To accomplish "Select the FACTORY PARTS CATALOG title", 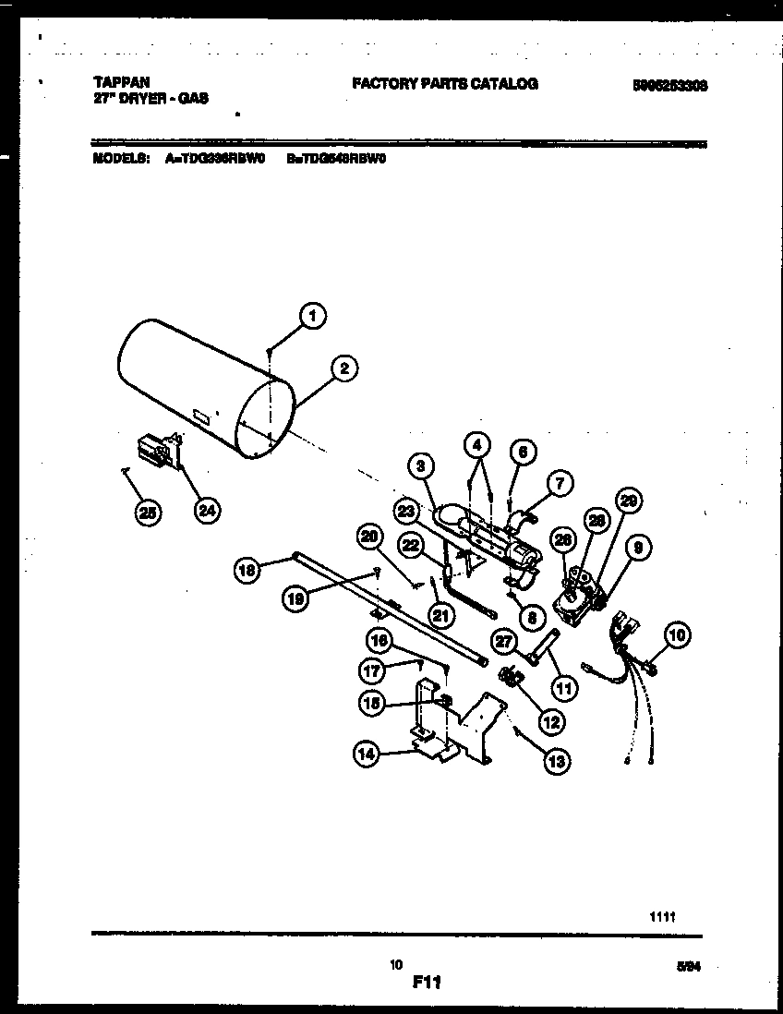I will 444,84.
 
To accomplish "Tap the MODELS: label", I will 122,158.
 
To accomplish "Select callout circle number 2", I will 343,369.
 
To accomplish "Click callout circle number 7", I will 560,482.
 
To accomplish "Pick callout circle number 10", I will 678,634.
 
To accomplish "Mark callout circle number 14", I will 367,754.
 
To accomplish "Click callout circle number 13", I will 556,761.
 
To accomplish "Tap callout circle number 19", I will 295,598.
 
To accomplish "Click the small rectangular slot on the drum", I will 200,418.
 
